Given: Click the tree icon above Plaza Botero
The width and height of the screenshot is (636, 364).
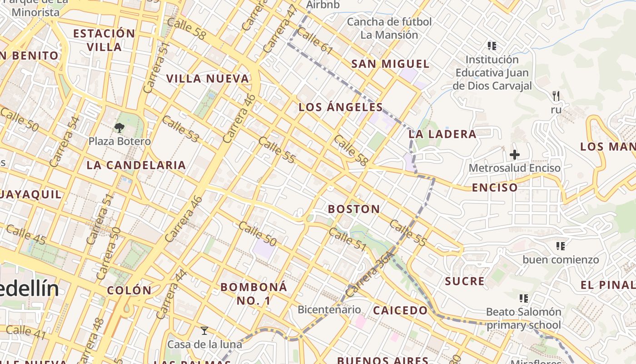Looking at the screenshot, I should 119,127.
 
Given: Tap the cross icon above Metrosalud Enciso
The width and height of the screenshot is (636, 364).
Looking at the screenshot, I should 514,155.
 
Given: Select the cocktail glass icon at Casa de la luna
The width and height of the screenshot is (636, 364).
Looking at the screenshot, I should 204,331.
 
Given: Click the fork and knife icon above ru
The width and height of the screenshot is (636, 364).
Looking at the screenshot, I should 556,96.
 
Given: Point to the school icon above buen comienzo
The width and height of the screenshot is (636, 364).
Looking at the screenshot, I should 561,246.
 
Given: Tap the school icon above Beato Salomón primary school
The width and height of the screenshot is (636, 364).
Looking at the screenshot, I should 524,298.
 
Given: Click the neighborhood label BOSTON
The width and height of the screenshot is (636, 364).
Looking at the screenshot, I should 354,209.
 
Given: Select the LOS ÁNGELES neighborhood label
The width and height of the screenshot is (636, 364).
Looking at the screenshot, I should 341,107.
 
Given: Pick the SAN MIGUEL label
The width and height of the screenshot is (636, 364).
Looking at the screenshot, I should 390,64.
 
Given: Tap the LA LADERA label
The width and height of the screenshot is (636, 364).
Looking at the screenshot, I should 442,134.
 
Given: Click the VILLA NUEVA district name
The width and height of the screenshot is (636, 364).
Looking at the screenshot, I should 208,79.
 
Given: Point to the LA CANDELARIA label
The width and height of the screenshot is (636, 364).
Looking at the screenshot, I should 136,165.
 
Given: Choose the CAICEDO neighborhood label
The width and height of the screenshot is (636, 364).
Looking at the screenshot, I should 400,311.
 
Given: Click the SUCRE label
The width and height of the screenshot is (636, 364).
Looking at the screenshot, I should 465,281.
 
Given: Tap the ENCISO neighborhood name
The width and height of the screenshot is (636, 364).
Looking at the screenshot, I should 495,187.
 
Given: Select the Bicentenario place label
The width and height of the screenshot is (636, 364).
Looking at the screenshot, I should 329,310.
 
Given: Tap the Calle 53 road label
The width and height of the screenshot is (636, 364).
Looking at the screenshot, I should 180,129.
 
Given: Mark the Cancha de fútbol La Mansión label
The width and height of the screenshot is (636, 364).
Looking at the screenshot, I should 389,28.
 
